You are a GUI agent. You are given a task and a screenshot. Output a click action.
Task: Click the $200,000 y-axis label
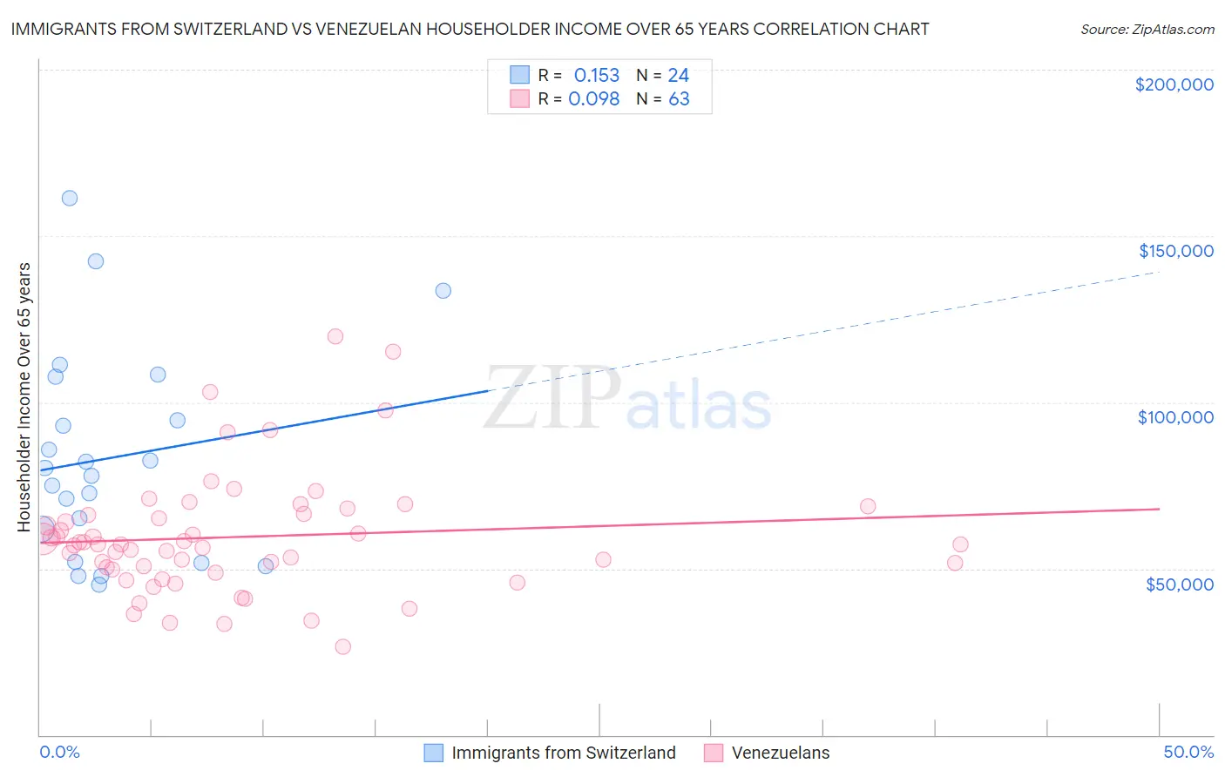point(1174,84)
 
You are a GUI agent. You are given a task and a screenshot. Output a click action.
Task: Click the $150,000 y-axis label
point(1175,251)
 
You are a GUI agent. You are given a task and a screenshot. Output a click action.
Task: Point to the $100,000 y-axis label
point(1175,417)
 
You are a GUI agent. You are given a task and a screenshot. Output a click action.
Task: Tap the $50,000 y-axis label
point(1179,584)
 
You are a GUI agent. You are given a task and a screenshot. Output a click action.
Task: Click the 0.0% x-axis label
point(59,753)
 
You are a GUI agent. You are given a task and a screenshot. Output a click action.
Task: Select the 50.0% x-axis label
point(1188,753)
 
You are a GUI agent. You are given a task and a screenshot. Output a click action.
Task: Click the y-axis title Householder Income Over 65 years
point(24,397)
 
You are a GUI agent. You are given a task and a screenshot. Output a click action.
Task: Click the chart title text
point(470,29)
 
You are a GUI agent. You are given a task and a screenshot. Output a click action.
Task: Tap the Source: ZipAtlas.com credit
point(1147,29)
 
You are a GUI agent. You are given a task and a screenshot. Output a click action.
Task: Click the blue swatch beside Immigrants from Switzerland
point(434,753)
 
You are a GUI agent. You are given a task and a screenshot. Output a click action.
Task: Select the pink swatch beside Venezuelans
point(714,753)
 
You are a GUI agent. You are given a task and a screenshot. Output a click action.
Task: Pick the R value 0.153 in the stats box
point(596,76)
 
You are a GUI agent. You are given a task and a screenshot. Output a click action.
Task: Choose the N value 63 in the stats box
point(679,99)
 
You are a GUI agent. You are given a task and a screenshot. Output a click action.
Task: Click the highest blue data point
point(70,198)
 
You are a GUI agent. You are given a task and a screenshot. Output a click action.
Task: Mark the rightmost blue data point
point(443,291)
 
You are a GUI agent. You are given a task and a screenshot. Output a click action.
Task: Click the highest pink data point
point(335,336)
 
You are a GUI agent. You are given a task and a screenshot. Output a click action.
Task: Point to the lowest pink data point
point(343,646)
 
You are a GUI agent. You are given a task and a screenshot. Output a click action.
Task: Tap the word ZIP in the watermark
point(552,399)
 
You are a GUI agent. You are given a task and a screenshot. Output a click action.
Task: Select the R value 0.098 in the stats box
point(593,99)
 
